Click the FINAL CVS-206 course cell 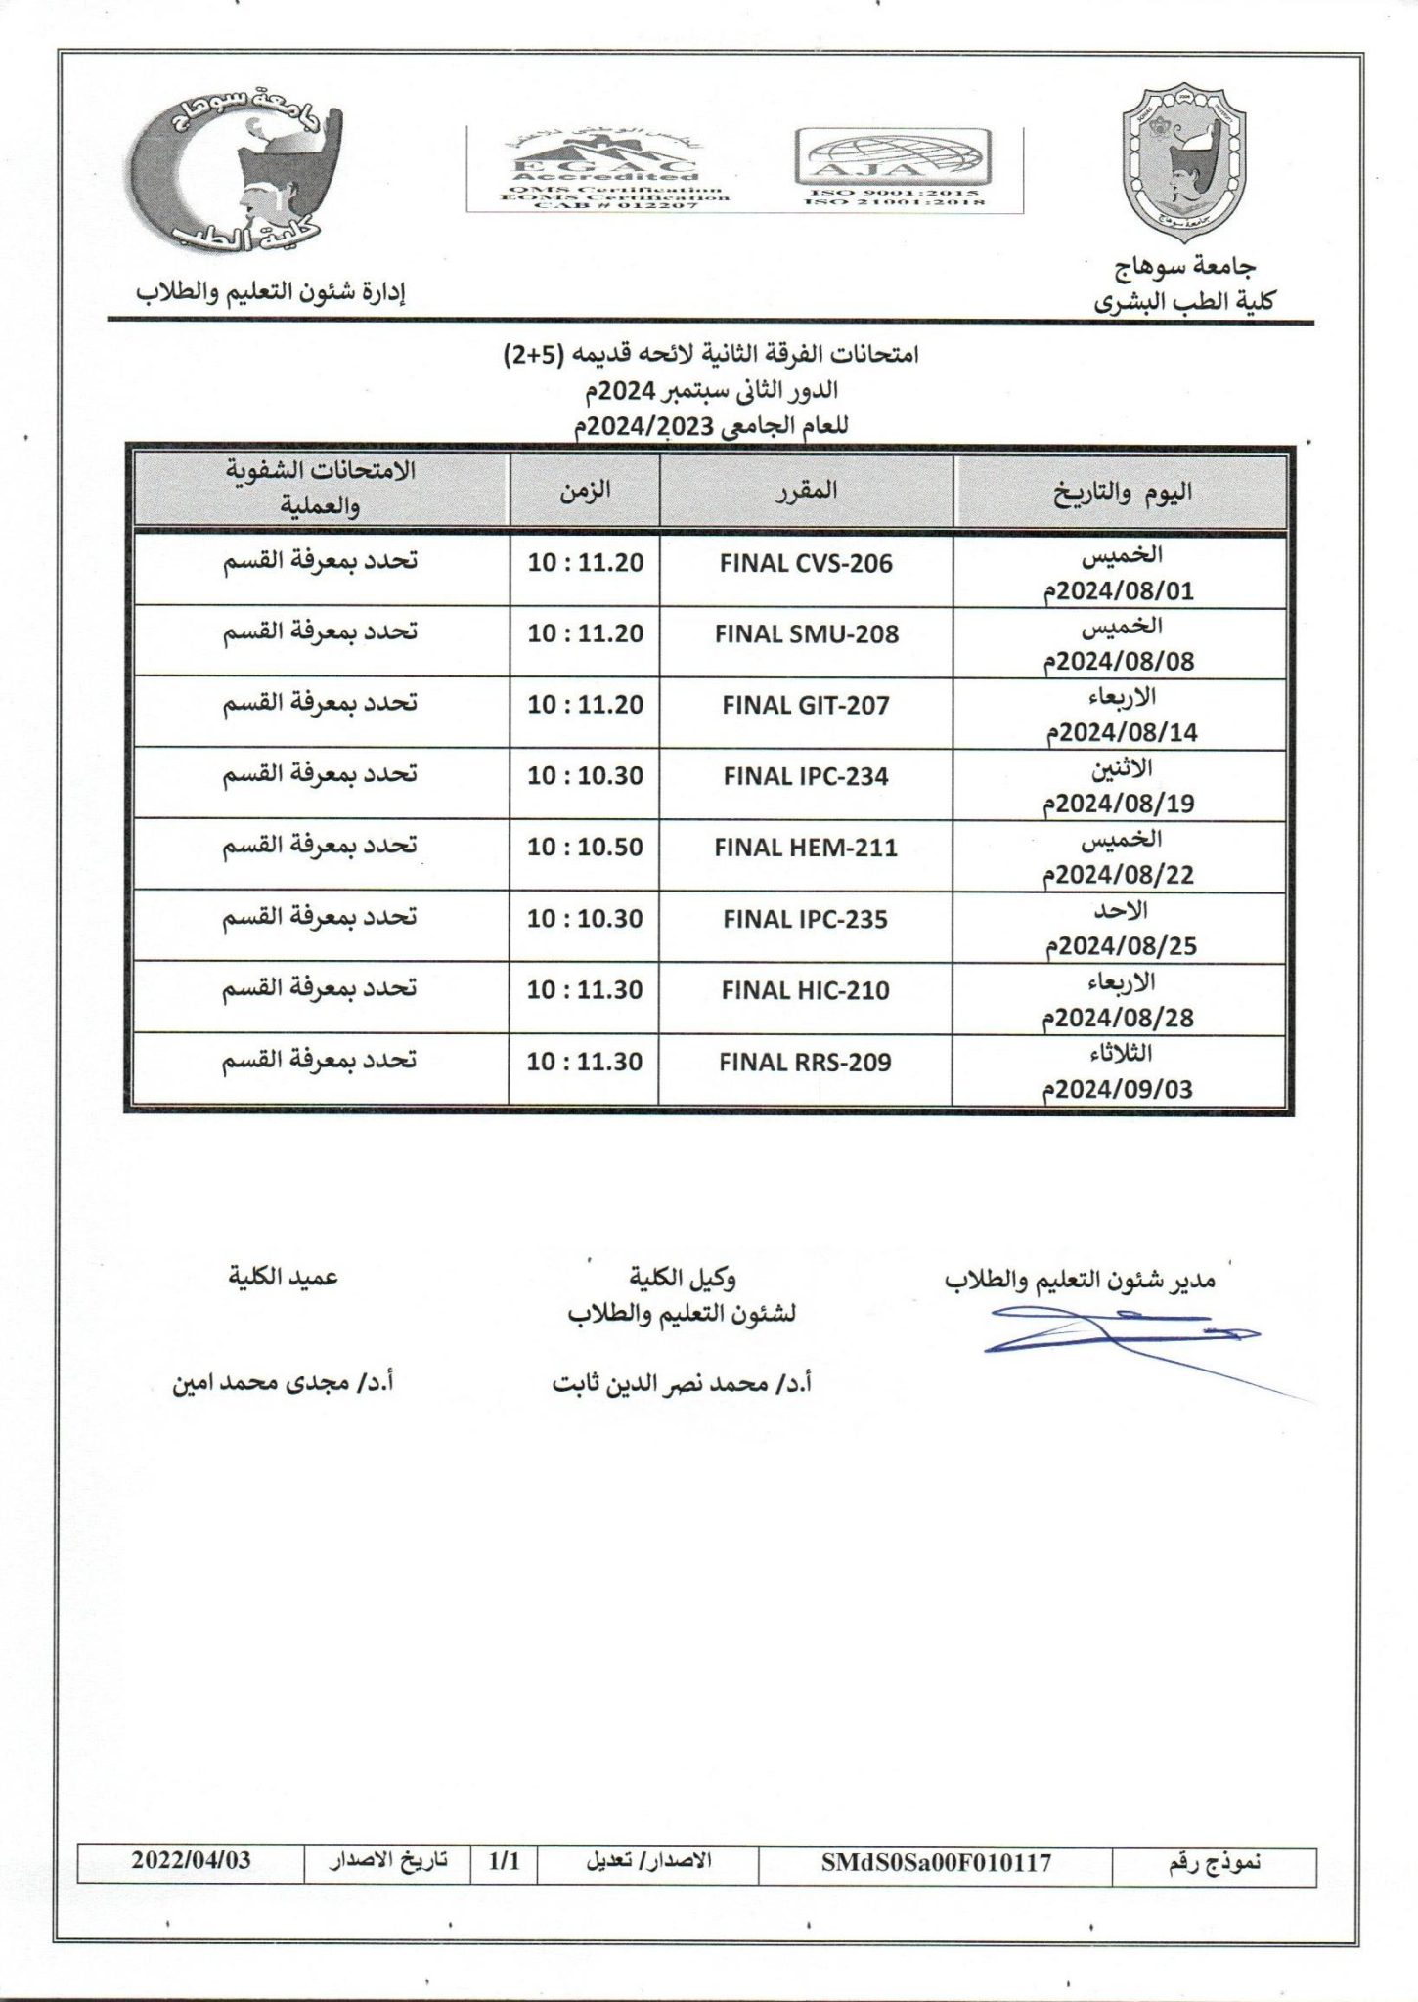coord(806,564)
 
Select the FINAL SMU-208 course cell coord(806,634)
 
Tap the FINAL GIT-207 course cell coord(806,705)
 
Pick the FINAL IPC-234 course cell coord(806,776)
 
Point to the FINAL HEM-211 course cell coord(806,848)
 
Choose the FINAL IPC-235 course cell coord(806,919)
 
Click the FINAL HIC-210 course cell coord(806,990)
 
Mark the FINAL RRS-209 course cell coord(805,1063)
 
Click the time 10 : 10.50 coord(585,848)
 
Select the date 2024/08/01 coord(1119,591)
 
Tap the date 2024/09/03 coord(1119,1089)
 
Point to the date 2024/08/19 coord(1119,804)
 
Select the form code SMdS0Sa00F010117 coord(937,1862)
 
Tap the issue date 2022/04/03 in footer coord(191,1860)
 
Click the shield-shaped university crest coord(1185,163)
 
